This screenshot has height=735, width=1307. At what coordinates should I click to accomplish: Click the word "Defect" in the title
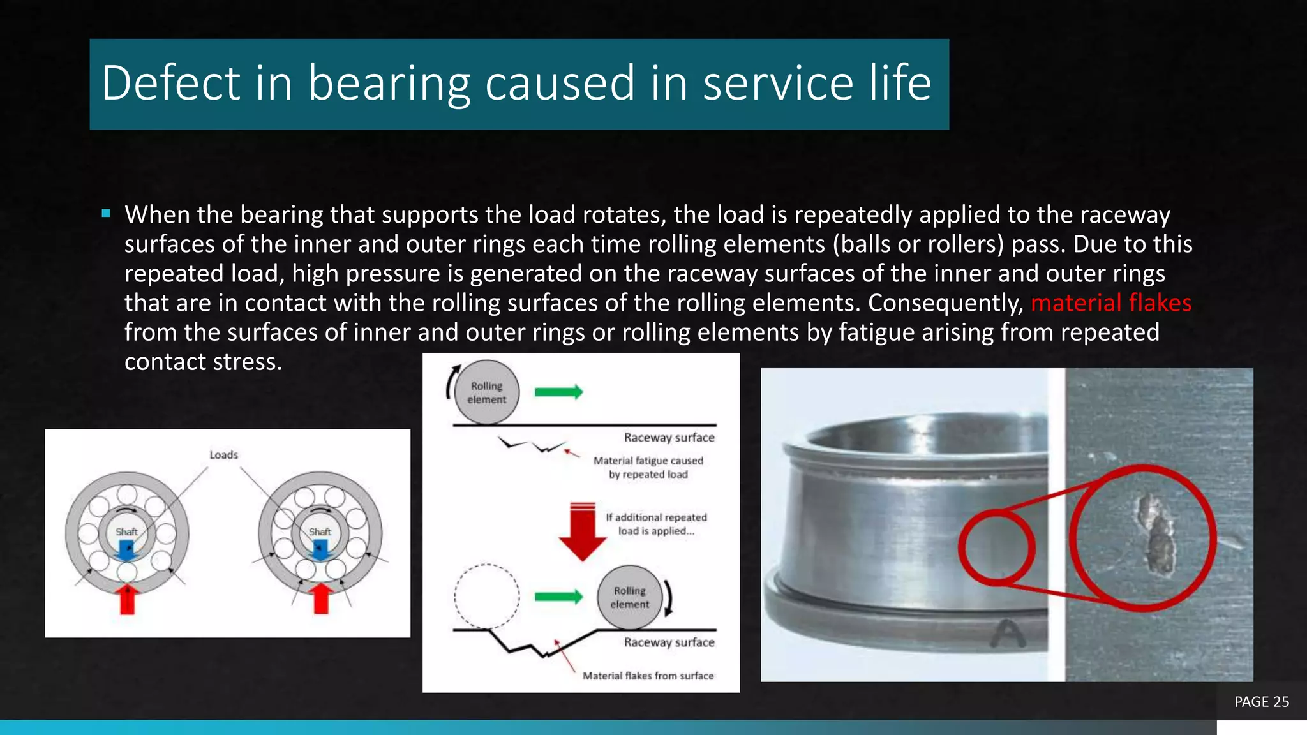coord(170,84)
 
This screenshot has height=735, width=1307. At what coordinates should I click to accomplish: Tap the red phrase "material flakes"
coord(1110,303)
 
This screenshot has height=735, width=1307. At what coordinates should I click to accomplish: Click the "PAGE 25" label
coord(1261,702)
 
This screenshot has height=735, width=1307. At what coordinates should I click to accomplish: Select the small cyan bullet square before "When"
coord(106,214)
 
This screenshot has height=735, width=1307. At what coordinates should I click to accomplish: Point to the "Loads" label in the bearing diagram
coord(223,455)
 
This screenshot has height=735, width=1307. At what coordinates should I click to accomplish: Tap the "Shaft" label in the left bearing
coord(126,531)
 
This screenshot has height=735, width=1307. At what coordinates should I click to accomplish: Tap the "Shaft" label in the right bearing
coord(320,531)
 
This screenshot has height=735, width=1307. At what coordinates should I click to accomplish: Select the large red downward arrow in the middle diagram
coord(582,532)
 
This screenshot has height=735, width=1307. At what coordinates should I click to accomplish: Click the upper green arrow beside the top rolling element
coord(558,392)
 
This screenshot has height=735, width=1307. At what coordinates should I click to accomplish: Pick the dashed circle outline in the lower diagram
coord(486,597)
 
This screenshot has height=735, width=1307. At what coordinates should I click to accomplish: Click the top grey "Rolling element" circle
coord(487,392)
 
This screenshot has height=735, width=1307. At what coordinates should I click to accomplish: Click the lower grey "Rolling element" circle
coord(630,597)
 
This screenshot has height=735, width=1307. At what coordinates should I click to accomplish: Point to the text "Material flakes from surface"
coord(648,676)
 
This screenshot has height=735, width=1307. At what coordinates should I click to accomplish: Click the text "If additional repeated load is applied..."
coord(656,524)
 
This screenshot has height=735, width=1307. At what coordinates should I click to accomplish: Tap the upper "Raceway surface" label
coord(669,438)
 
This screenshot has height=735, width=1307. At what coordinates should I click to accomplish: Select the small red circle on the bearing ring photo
coord(996,547)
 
